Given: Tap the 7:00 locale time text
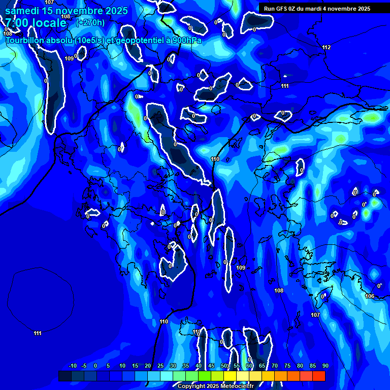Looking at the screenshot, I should coord(36,23).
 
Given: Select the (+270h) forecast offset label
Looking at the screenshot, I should coord(90,22).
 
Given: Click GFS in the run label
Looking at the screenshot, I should coord(281,9).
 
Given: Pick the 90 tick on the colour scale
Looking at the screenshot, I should coord(325,366).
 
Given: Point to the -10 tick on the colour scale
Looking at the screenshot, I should coord(72,366).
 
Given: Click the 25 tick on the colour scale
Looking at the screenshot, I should coord(160,366).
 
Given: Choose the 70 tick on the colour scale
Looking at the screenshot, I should coord(275,366).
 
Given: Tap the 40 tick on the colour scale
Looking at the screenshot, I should coord(199,366).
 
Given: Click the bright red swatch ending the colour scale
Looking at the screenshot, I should coord(318,376).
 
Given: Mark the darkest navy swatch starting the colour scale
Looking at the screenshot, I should coord(65,376).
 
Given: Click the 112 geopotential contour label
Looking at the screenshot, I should coord(326,47).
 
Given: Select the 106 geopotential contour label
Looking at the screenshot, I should coord(370,296).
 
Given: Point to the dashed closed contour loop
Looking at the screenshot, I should coord(41,269).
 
